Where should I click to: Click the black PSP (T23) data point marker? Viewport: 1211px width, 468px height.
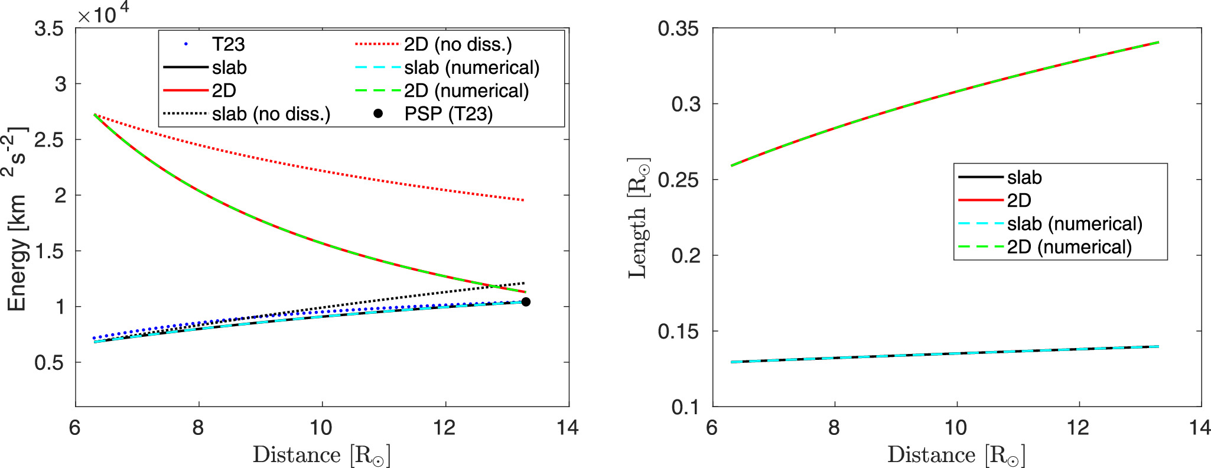526,302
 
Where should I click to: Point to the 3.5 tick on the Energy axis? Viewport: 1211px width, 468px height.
49,28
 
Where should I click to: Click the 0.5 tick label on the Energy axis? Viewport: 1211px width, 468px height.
49,362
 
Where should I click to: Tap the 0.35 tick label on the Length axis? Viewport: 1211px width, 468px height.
678,28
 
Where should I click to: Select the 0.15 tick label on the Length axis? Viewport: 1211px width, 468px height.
678,331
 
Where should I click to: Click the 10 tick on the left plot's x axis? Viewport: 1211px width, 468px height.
321,427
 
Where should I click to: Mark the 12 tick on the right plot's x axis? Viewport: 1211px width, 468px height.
1078,427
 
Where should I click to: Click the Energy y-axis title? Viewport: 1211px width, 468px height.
17,219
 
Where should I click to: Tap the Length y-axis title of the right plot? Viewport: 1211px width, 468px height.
638,219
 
